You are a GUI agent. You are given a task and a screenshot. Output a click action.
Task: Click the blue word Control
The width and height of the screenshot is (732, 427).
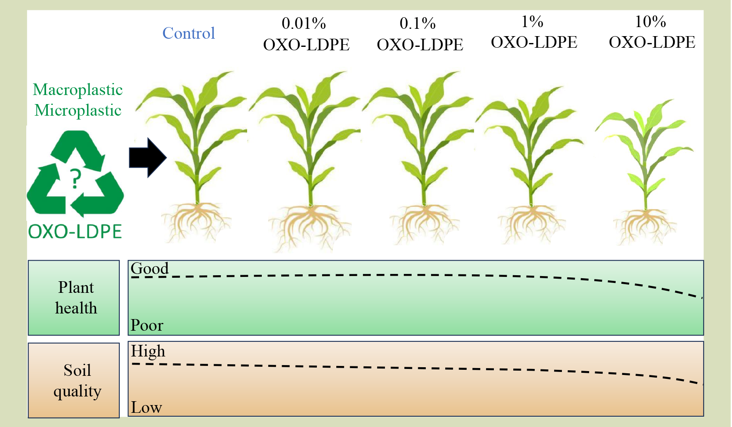189,33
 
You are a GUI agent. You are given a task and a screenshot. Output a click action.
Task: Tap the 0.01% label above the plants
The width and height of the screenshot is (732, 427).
304,24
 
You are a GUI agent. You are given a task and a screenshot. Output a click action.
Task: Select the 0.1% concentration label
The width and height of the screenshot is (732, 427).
417,24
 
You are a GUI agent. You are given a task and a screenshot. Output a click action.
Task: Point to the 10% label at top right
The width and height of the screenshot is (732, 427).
650,22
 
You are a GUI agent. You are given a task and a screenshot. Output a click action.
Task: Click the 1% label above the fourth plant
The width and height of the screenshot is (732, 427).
532,22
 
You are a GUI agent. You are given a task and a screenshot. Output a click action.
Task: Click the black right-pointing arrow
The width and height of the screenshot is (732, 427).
148,158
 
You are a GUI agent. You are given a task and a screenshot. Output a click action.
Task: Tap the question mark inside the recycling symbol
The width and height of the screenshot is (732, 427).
75,179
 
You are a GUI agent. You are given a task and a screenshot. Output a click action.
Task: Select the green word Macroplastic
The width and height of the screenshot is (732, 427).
78,89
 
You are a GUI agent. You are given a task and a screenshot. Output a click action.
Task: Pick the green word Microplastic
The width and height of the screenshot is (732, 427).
78,111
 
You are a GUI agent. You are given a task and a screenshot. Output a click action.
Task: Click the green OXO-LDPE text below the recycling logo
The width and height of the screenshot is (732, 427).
75,231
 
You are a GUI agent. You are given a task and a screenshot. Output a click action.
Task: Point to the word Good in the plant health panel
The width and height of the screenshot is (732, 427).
150,268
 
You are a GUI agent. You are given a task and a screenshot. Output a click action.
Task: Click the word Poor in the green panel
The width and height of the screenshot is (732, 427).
147,325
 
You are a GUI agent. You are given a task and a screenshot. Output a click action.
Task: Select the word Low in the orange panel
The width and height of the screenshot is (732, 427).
146,407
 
